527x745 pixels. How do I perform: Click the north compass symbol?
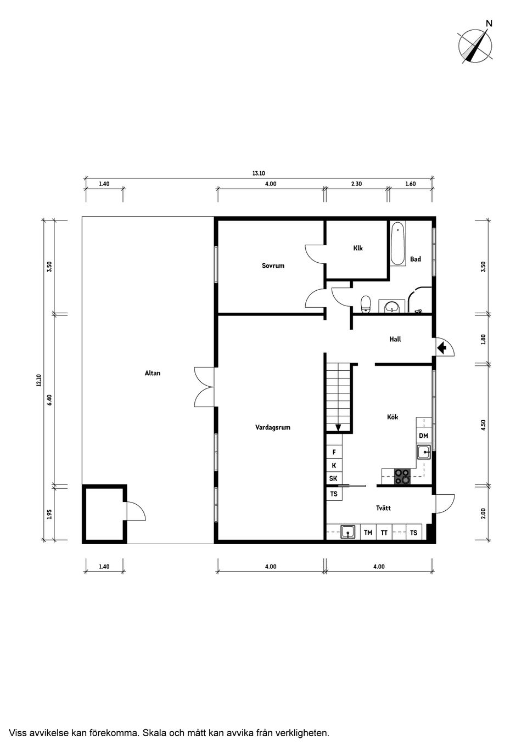click(x=475, y=44)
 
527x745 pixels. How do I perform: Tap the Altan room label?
click(x=153, y=373)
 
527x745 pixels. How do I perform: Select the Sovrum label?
click(x=273, y=266)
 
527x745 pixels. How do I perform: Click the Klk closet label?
click(x=358, y=248)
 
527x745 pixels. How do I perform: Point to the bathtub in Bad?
click(x=398, y=244)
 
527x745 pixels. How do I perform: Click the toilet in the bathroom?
click(x=366, y=303)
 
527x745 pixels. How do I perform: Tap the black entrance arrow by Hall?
click(x=441, y=347)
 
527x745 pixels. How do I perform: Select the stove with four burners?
click(x=402, y=476)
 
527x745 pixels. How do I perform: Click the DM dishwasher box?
click(x=423, y=436)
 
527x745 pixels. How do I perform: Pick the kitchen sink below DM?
click(x=423, y=452)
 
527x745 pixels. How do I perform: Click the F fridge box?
click(x=334, y=452)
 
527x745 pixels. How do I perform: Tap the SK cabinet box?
click(x=333, y=478)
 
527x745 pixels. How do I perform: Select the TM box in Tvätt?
click(x=368, y=532)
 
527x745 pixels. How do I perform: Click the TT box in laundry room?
click(x=384, y=532)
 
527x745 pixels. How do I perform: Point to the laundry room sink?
click(x=347, y=532)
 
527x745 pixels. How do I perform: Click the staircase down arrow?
click(x=338, y=427)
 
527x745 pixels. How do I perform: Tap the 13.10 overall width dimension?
click(x=259, y=173)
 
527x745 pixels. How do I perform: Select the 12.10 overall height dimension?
click(x=38, y=380)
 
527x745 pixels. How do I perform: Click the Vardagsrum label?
click(x=272, y=427)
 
